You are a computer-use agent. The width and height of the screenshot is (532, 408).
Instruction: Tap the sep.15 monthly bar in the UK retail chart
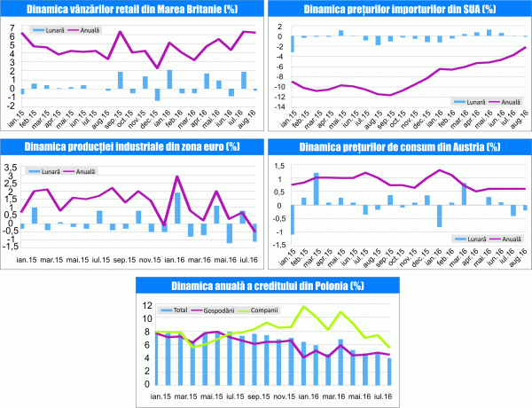coord(120,80)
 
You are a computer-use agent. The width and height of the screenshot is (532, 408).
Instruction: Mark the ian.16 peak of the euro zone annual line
coord(176,177)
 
